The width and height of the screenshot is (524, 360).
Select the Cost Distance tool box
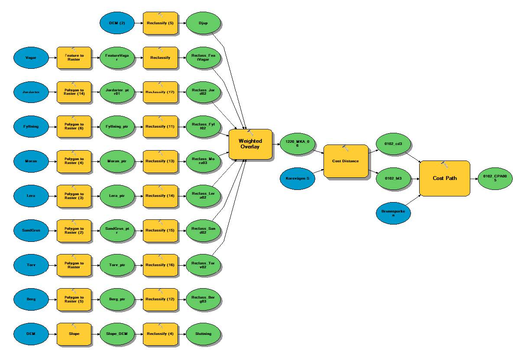(x=345, y=161)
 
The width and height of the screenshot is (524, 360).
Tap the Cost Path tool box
(x=444, y=178)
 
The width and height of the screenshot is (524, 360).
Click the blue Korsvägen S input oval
(x=298, y=179)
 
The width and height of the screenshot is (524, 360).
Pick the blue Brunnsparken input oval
(x=393, y=212)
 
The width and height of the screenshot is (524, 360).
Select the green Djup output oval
(x=204, y=22)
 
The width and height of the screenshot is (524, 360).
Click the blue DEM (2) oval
(x=117, y=22)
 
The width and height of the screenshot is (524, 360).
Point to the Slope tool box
(x=74, y=334)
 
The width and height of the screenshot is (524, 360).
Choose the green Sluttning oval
(x=204, y=334)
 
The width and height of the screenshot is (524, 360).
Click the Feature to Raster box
(x=74, y=58)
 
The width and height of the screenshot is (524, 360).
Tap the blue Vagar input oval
(x=31, y=58)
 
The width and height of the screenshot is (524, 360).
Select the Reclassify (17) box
(x=160, y=92)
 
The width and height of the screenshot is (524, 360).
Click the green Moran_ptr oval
(x=117, y=161)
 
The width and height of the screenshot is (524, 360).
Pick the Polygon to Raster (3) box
(x=74, y=196)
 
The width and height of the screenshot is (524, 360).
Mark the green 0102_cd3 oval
(x=393, y=144)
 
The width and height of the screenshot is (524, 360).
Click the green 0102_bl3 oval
(x=393, y=178)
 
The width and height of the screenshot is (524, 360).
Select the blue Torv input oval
(x=31, y=265)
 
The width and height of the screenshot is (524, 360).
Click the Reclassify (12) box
(x=160, y=299)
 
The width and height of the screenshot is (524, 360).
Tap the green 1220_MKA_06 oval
(x=298, y=144)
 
